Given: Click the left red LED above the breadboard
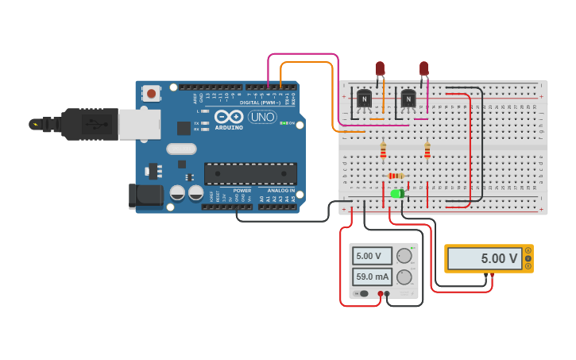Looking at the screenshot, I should coord(380,69).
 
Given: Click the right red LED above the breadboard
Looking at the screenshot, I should coord(423,69).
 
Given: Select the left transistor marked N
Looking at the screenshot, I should coord(364,99).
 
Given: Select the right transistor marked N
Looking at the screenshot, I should coord(408,99).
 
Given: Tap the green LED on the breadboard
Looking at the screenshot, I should coord(397,193).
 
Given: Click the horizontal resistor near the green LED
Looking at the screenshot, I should coord(396,176).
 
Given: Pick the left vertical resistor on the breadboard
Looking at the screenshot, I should coord(383,149).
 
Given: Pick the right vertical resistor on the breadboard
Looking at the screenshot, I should coord(427,149).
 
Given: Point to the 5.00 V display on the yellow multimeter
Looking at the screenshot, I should coord(484,258).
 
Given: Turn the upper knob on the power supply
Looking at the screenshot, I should coord(404,256).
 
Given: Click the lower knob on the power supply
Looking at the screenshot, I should coord(404,277).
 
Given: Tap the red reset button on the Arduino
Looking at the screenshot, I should coord(151,94).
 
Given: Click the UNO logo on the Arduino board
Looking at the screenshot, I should coord(262,117).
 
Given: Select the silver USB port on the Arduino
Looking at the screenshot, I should coord(139,124).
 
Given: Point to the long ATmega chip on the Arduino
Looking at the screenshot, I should coord(250,173).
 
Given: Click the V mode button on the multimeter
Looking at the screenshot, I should coord(528,259).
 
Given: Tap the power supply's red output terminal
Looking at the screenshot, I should coord(381,294).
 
